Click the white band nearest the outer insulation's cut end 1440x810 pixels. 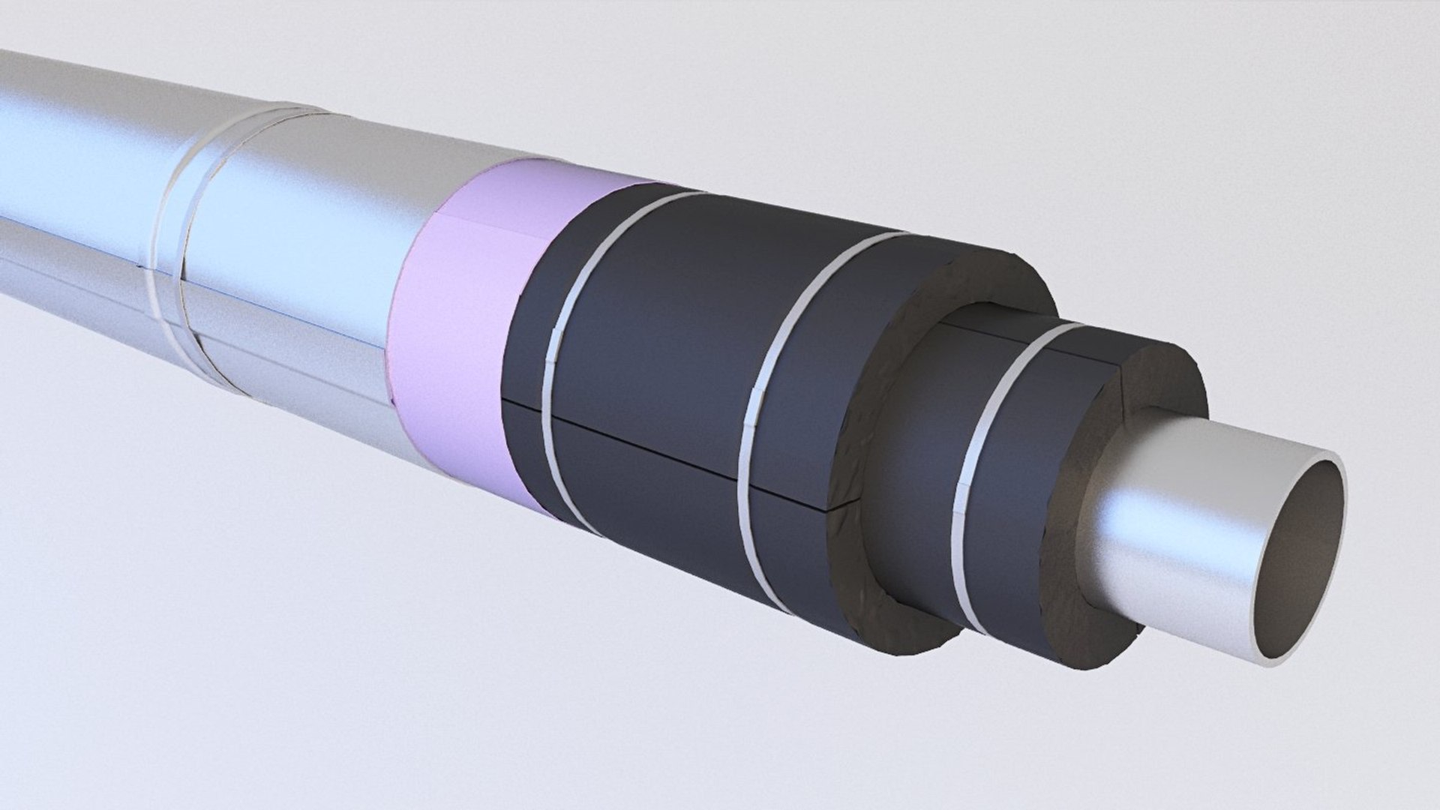pyautogui.click(x=772, y=390)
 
